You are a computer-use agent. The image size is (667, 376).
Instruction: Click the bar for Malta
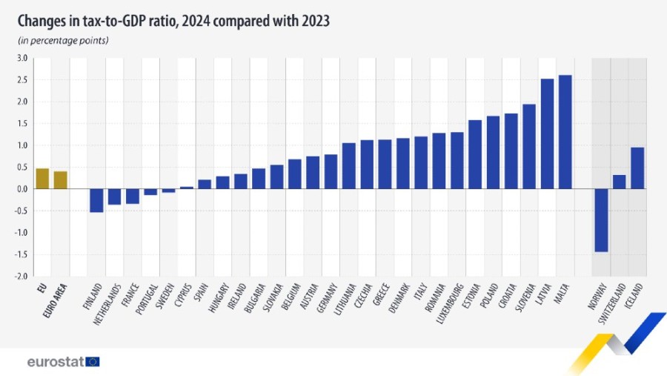pyautogui.click(x=565, y=132)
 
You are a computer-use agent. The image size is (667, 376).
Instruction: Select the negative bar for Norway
pyautogui.click(x=601, y=220)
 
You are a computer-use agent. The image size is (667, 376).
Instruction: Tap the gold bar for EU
pyautogui.click(x=42, y=179)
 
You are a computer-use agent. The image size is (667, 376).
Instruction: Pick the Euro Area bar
pyautogui.click(x=60, y=180)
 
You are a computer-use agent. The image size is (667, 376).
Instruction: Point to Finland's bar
pyautogui.click(x=96, y=200)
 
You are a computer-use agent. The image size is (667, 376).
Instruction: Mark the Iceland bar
pyautogui.click(x=637, y=168)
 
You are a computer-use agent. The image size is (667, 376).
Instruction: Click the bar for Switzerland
pyautogui.click(x=620, y=182)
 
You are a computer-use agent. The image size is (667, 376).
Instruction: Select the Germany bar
pyautogui.click(x=331, y=171)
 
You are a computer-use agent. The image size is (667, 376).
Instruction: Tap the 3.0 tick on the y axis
pyautogui.click(x=21, y=59)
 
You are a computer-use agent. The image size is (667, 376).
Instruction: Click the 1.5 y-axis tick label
pyautogui.click(x=21, y=124)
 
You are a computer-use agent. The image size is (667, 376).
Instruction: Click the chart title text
pyautogui.click(x=173, y=20)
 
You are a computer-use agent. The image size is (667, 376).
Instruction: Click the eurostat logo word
pyautogui.click(x=55, y=362)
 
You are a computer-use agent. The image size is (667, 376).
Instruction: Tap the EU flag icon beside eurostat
pyautogui.click(x=93, y=362)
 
